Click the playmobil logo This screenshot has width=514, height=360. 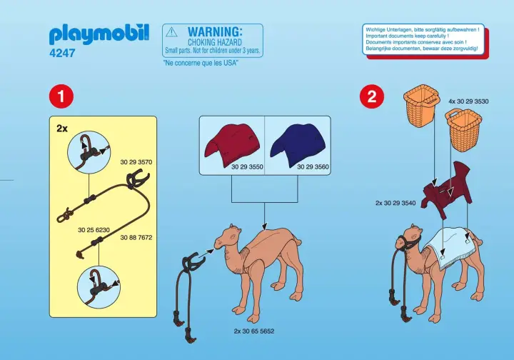99,34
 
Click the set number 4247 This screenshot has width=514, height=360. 63,53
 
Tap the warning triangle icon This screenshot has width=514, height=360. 171,31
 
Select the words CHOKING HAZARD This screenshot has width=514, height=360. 214,42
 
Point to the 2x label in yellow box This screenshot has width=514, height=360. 62,130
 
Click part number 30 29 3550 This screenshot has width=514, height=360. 247,166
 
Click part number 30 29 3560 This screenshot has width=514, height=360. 312,166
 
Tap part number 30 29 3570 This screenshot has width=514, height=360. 137,162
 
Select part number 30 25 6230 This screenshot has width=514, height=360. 92,230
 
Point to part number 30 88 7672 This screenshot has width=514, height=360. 137,236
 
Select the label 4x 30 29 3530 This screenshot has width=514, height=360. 468,101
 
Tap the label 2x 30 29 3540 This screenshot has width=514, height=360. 395,203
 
